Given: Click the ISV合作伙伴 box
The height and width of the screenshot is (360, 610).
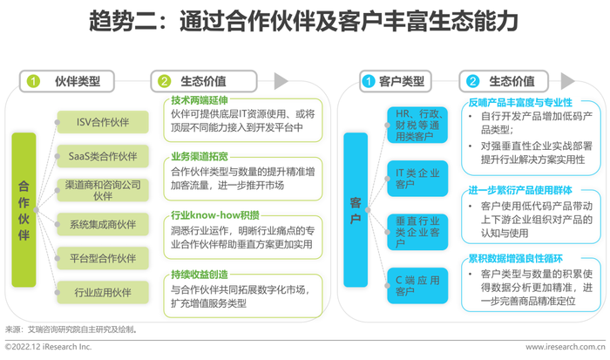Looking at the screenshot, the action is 103,122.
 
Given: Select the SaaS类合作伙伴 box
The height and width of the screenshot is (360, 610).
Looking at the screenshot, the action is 103,156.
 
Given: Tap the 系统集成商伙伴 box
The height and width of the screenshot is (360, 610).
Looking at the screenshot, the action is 103,224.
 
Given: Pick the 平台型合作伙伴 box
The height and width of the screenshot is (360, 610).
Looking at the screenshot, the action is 103,258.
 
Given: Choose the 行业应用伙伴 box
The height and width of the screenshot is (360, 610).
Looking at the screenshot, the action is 103,292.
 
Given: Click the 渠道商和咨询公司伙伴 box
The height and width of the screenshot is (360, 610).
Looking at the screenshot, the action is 103,190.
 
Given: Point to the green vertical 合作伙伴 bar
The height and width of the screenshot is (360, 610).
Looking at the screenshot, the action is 24,210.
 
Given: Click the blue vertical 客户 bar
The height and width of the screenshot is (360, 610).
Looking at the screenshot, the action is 356,210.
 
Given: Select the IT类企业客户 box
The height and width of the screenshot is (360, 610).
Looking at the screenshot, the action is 417,179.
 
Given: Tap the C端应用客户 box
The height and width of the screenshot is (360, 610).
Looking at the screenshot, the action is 417,286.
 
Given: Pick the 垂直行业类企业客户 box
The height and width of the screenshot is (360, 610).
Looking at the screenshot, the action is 417,232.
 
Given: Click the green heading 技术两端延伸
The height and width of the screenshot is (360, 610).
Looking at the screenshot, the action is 200,100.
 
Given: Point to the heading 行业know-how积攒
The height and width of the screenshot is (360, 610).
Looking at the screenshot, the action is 215,215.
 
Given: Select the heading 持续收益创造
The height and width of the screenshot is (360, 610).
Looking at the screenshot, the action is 200,275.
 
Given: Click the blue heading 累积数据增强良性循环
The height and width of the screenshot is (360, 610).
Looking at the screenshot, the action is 516,258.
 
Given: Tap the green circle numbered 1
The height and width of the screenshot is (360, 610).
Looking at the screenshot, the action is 33,81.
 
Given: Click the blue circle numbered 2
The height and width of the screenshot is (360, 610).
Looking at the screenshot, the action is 472,81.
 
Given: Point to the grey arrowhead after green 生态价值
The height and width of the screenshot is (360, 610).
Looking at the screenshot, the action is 281,81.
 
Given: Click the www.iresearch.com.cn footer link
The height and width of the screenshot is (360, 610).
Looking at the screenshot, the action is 566,347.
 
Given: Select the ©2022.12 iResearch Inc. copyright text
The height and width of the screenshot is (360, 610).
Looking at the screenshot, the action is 48,347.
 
